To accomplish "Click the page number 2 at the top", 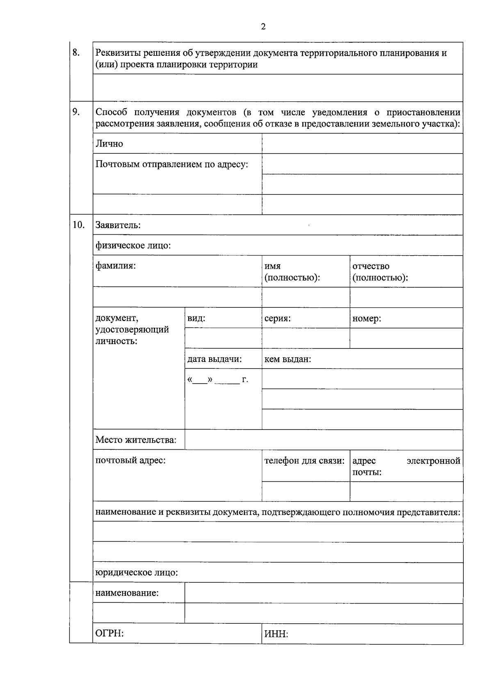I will click(263, 27).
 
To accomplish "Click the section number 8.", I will click(76, 53).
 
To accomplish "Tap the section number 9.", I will click(76, 112).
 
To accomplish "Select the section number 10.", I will click(78, 224).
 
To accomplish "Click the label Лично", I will click(109, 144).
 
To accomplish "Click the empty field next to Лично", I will click(362, 144).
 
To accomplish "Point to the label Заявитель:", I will click(118, 225).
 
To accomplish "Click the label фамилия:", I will click(116, 265).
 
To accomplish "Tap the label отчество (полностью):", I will click(380, 272).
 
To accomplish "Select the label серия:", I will click(278, 318).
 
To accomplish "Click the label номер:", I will click(367, 318).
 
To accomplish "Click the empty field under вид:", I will click(223, 338).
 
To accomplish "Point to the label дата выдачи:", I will click(214, 359).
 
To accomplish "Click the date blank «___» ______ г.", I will click(218, 380).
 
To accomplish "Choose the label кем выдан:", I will click(287, 359).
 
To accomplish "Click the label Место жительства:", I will click(136, 440).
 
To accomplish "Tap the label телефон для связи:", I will click(304, 460).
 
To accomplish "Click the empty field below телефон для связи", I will click(305, 491).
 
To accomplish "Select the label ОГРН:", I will click(109, 633).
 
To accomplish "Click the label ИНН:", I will click(276, 634).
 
